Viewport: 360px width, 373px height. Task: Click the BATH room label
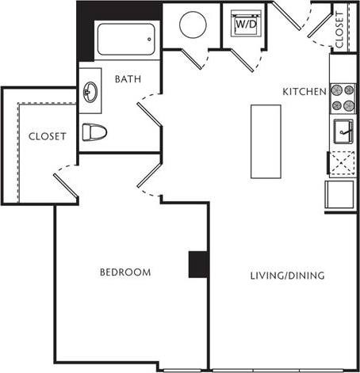[x=128, y=78]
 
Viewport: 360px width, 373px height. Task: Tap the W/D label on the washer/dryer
[x=243, y=25]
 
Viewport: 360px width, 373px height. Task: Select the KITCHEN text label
[x=304, y=92]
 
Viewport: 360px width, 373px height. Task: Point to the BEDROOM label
[x=124, y=272]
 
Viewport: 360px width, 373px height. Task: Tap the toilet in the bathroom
[x=95, y=132]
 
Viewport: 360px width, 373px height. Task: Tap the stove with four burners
[x=343, y=97]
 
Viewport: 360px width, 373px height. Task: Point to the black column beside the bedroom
[x=198, y=264]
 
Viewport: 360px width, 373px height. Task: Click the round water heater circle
[x=193, y=25]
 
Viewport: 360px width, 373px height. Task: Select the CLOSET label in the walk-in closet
[x=47, y=135]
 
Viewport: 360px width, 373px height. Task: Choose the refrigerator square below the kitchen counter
[x=339, y=193]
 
